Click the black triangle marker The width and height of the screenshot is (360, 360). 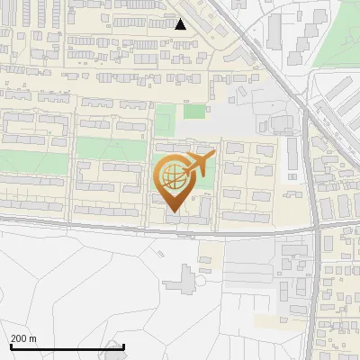click(x=181, y=24)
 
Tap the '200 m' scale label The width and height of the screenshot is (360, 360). click(x=23, y=338)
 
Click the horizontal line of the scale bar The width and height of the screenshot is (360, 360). click(x=67, y=346)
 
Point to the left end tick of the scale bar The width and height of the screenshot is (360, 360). click(x=11, y=345)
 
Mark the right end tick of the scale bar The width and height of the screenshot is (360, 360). click(x=123, y=345)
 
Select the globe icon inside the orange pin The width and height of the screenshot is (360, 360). click(x=172, y=175)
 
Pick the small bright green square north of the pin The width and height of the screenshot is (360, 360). click(x=194, y=112)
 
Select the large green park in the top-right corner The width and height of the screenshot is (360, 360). click(x=337, y=36)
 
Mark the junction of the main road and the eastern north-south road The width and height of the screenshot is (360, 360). click(x=317, y=230)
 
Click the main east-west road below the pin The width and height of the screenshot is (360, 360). click(x=135, y=227)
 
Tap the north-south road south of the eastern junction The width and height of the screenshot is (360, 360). click(x=314, y=297)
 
